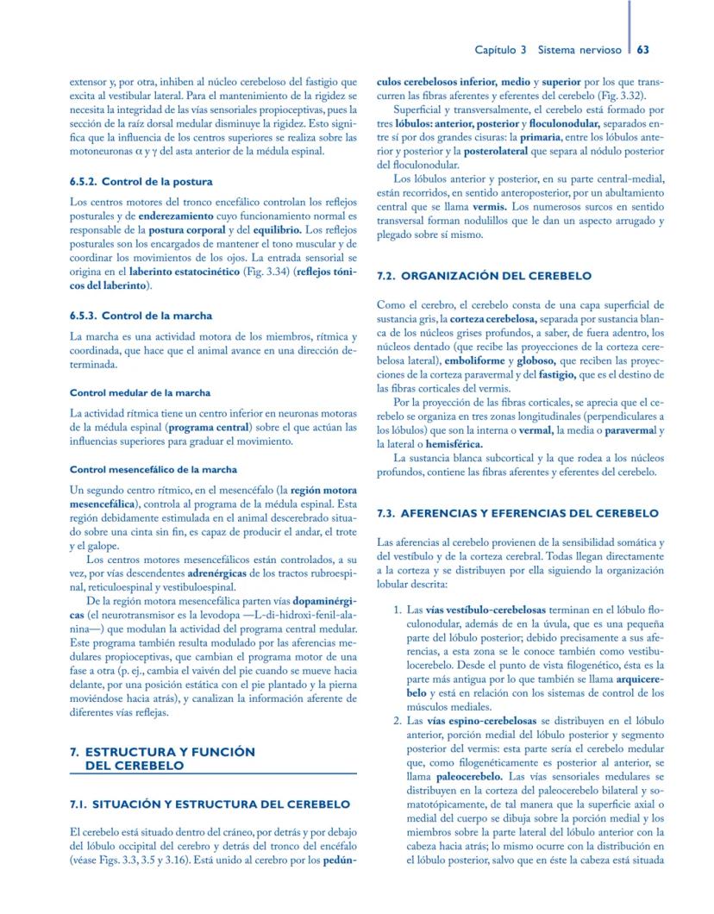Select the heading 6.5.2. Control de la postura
coord(141,182)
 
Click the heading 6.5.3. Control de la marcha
coord(141,316)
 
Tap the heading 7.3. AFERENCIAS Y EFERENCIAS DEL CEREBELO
coord(517,513)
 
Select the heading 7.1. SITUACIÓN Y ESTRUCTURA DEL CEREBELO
coord(210,804)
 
